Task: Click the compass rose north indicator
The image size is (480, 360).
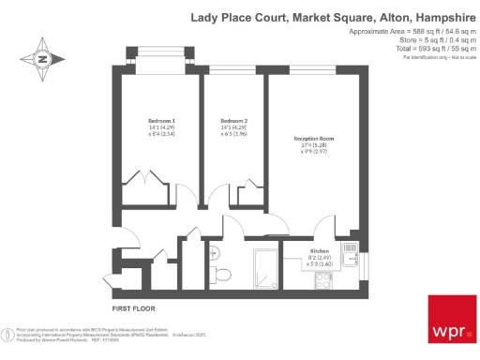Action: click(x=42, y=59)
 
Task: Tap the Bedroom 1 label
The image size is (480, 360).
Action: click(x=160, y=121)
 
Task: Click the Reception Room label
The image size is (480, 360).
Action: click(x=314, y=139)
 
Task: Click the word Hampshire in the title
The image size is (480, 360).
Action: click(x=440, y=16)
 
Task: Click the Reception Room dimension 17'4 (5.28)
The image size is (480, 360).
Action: click(x=314, y=145)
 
